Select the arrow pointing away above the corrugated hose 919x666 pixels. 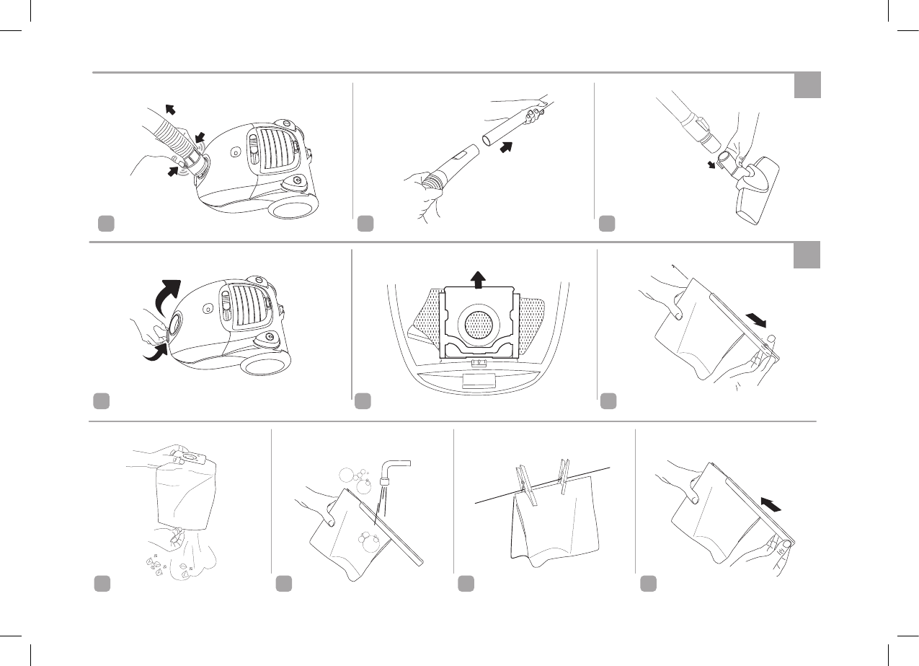pyautogui.click(x=171, y=110)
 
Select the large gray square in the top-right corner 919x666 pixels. pyautogui.click(x=807, y=84)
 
